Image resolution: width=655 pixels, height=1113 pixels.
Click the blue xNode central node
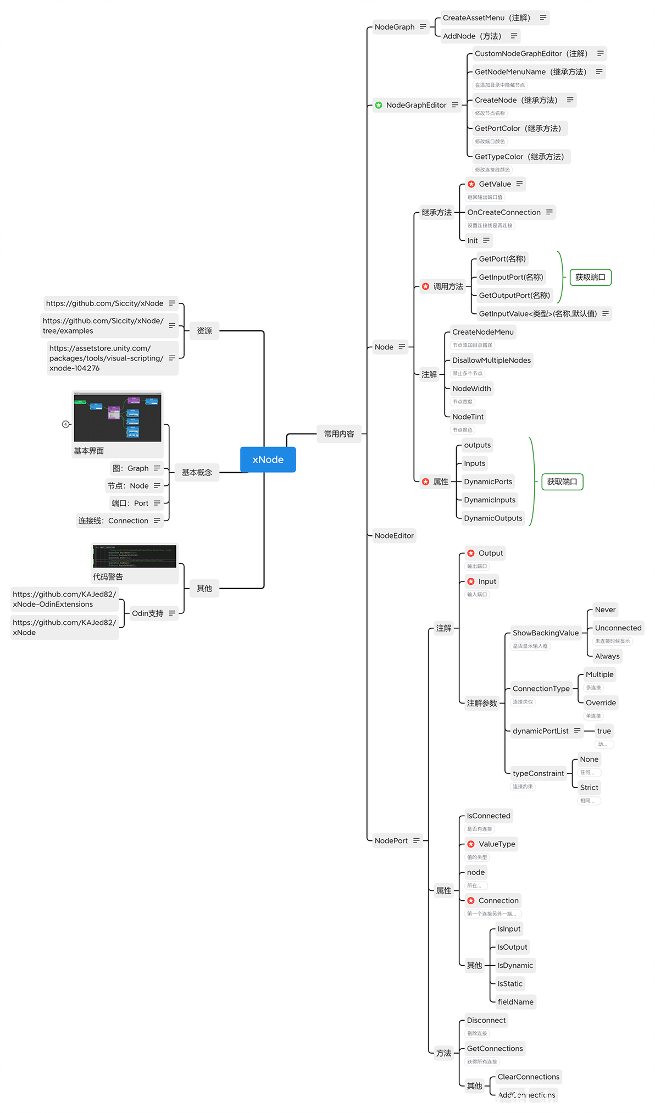(268, 459)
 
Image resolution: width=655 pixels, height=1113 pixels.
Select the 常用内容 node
(339, 434)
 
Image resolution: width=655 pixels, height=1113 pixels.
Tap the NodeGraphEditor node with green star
(416, 105)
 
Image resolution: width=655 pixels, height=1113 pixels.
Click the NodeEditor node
(394, 535)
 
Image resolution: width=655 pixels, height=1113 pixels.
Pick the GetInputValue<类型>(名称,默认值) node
(537, 314)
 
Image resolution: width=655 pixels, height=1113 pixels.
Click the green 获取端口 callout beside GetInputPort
(590, 277)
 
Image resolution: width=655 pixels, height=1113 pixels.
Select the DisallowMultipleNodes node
(491, 361)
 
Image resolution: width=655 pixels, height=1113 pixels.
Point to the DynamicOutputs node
(493, 518)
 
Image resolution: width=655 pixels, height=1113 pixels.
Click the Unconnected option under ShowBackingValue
(618, 628)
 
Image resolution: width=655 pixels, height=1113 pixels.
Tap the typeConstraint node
(538, 773)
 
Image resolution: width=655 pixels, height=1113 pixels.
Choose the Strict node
(589, 788)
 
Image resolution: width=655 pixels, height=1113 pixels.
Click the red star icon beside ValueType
(471, 844)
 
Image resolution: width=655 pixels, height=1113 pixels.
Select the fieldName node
(515, 1002)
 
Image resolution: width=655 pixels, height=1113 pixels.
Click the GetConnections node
(495, 1049)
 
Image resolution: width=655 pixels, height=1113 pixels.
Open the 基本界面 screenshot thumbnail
(118, 417)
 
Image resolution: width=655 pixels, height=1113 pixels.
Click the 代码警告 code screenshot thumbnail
(135, 557)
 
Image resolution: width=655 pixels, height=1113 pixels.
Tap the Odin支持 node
(148, 613)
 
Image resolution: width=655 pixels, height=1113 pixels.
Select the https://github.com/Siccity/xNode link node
(105, 303)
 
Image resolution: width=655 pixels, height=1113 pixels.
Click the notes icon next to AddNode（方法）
(514, 36)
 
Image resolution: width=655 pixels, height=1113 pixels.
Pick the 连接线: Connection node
(113, 520)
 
